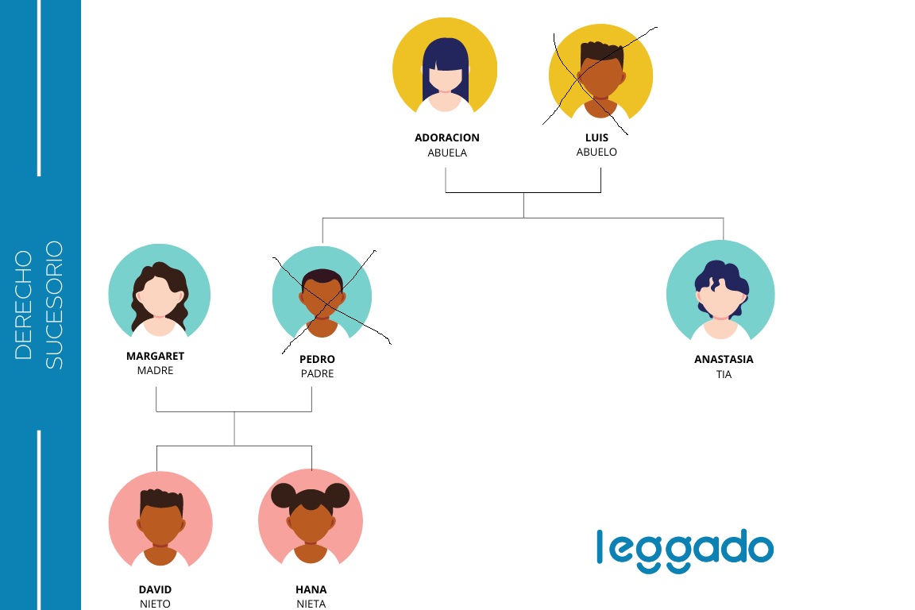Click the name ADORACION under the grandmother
coord(447,137)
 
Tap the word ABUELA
coord(447,153)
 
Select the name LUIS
coord(596,137)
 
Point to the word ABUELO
coord(596,152)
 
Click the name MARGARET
coord(155,356)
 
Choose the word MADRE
coord(155,371)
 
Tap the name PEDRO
coord(318,359)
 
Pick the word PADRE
coord(318,373)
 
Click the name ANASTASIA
coord(724,360)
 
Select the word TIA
coord(724,375)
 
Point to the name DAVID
coord(155,589)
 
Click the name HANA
coord(311,589)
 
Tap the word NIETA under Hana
coord(311,604)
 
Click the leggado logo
coord(685,550)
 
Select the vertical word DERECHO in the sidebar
coord(23,305)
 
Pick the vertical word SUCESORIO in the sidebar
coord(54,305)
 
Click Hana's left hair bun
coord(284,496)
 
